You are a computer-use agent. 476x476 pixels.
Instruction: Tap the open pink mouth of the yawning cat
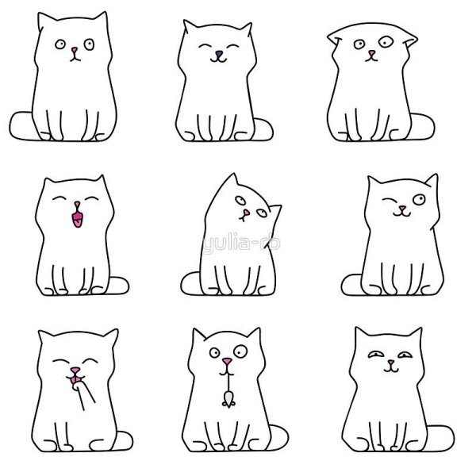(x=77, y=217)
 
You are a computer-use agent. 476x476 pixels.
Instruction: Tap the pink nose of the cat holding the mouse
(x=227, y=364)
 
